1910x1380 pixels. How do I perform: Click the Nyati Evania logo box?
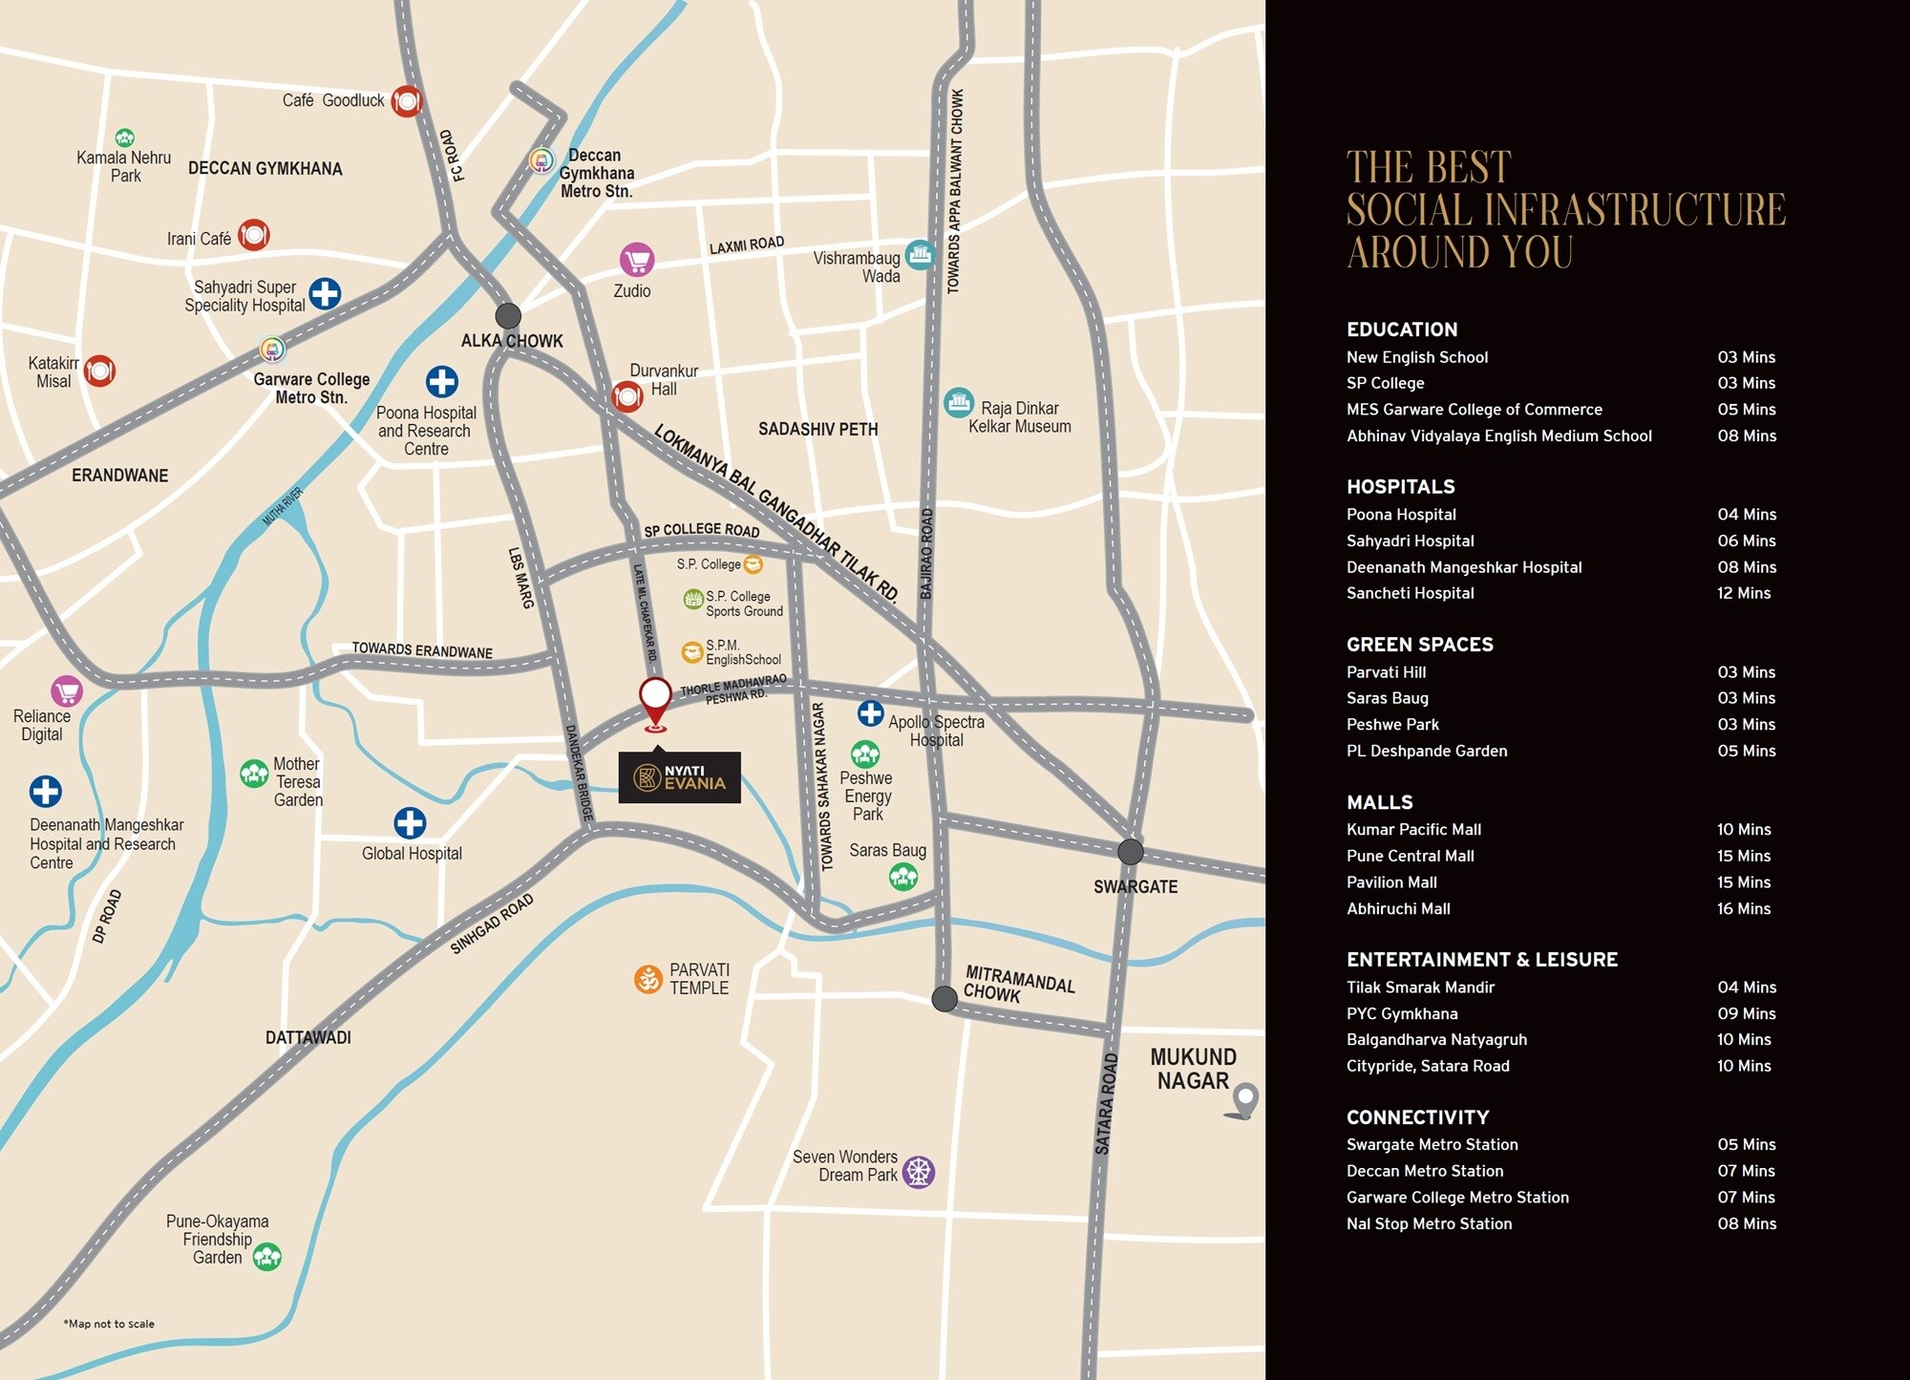coord(679,777)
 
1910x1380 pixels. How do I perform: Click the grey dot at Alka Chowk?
coord(508,315)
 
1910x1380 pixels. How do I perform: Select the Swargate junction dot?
coord(1131,851)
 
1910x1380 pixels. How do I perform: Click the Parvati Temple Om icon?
coord(648,979)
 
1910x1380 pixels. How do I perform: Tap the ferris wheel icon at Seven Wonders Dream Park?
coord(919,1171)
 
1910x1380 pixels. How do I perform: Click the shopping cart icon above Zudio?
coord(637,259)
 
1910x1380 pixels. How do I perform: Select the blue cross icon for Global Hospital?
coord(410,823)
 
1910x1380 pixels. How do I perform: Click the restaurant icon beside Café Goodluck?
coord(407,100)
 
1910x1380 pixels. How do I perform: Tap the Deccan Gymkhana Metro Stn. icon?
coord(541,160)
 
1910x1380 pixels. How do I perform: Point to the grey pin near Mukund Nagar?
coord(1244,1100)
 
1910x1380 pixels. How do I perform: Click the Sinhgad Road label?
coord(492,924)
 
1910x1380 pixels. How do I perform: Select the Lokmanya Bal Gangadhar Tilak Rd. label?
coord(775,512)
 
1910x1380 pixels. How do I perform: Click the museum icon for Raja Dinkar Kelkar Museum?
coord(958,403)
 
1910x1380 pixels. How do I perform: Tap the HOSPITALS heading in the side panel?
coord(1400,487)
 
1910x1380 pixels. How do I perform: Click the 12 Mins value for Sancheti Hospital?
coord(1743,593)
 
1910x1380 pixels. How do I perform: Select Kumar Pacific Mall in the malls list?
coord(1413,830)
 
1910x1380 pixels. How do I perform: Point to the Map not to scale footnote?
coord(109,1324)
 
